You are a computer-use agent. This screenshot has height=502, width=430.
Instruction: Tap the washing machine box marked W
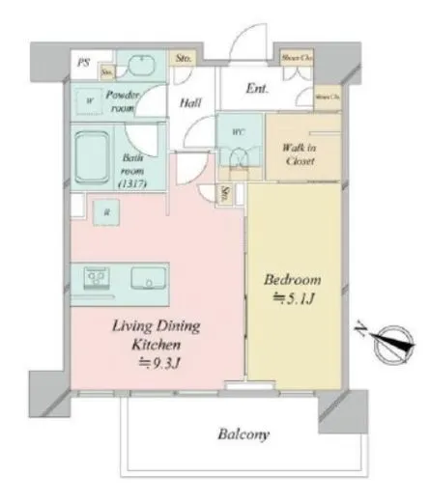point(90,99)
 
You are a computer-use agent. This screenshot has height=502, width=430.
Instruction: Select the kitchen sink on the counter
point(151,281)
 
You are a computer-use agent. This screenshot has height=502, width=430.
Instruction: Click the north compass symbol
point(393,340)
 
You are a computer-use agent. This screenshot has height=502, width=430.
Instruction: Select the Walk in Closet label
point(301,153)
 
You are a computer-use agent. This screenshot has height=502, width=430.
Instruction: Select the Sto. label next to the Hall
point(184,60)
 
